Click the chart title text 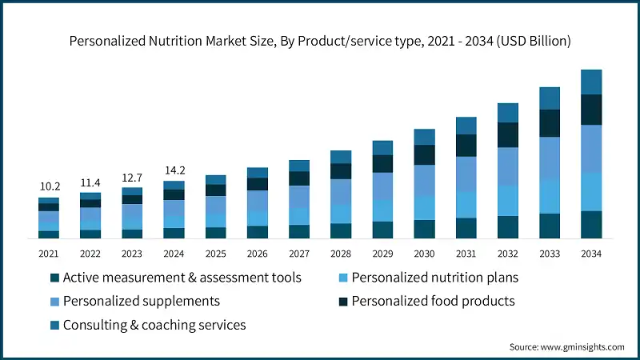tap(320, 40)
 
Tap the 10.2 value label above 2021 tap(49, 186)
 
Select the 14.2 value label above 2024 tap(174, 170)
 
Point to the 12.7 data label tap(132, 177)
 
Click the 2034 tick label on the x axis tap(591, 253)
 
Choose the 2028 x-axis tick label tap(341, 253)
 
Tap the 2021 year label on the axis tap(49, 253)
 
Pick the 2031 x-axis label tap(466, 253)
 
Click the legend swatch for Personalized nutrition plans tap(342, 278)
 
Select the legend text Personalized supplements tap(141, 302)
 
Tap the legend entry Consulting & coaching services tap(154, 325)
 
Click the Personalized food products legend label tap(433, 302)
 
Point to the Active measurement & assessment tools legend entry tap(182, 278)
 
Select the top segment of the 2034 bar tap(591, 82)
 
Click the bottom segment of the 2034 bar tap(591, 225)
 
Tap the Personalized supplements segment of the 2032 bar tap(507, 166)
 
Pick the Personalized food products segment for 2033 tap(550, 123)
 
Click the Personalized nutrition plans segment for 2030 tap(424, 208)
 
